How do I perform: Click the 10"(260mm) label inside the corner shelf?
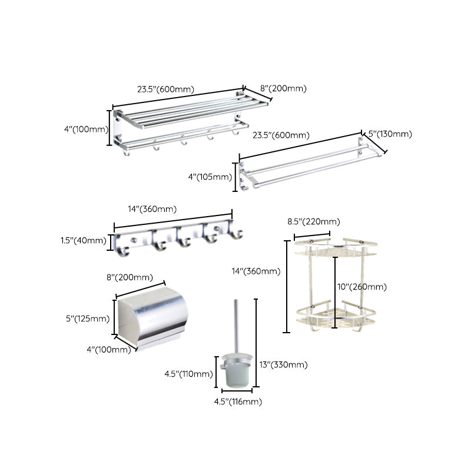pyautogui.click(x=361, y=287)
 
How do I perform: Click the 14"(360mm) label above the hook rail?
pyautogui.click(x=151, y=208)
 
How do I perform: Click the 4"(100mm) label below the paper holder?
pyautogui.click(x=109, y=350)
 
